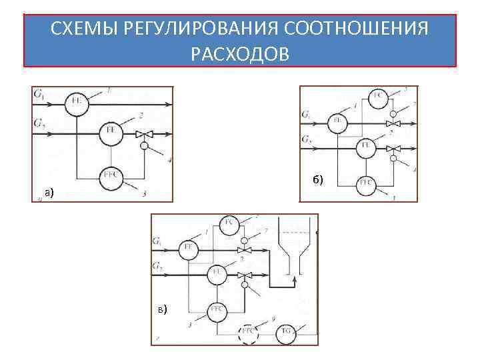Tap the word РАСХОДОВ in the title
(x=240, y=53)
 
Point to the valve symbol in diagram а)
(x=143, y=135)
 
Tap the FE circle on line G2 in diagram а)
(x=111, y=131)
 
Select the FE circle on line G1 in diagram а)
(x=77, y=103)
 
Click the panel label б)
(x=317, y=179)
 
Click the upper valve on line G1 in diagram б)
(x=394, y=123)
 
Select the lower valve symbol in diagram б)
(x=394, y=147)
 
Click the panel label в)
(x=163, y=309)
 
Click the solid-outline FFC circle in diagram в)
(x=217, y=311)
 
